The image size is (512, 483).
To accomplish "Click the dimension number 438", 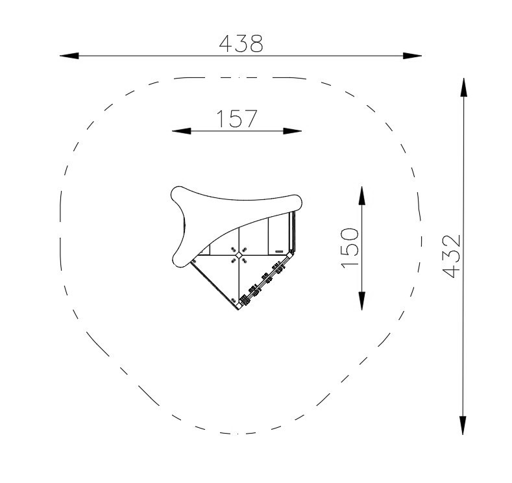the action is point(241,43).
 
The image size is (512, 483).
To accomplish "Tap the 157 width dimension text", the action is point(237,119).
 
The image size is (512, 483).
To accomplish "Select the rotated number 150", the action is point(350,248).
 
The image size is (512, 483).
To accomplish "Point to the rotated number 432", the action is point(451,256).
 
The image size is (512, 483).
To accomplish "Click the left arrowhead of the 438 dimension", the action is point(69,56).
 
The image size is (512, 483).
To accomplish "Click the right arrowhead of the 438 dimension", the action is point(412,56).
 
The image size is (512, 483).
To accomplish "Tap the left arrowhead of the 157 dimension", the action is point(181,131).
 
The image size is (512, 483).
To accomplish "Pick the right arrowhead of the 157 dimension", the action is point(292,131).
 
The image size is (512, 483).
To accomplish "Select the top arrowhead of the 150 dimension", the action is point(362,195).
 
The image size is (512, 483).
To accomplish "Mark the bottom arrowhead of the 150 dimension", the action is point(362,301).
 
